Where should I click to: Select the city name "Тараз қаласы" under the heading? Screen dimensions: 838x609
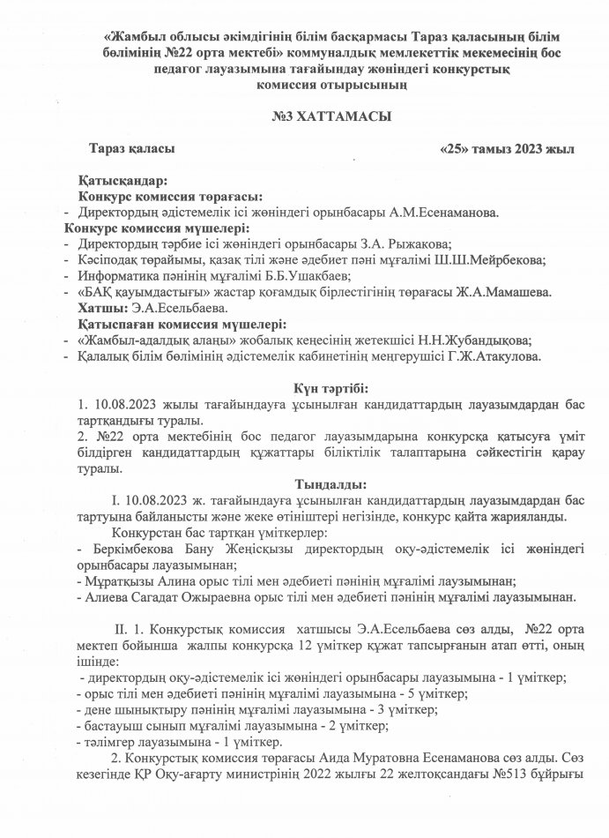[x=137, y=150]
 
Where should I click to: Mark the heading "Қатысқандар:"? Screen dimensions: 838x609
[x=122, y=180]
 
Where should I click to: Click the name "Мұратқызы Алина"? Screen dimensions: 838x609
[x=130, y=580]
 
